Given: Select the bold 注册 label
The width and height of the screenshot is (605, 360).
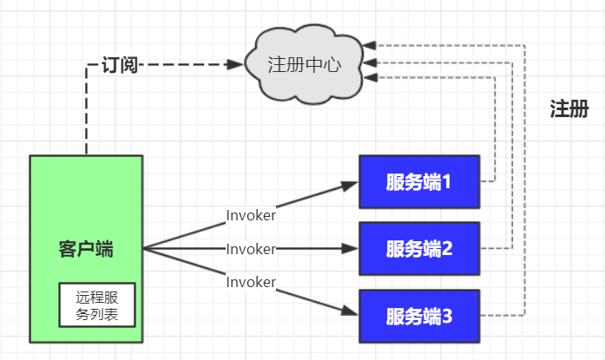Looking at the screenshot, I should coord(569,109).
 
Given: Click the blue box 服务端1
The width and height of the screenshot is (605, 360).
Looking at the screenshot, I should coord(419,182).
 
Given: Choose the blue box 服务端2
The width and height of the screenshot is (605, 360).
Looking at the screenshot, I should coord(419,249).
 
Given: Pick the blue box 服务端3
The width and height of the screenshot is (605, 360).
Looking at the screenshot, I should coord(419,316).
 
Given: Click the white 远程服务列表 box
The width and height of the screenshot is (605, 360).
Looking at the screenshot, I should coord(97,304).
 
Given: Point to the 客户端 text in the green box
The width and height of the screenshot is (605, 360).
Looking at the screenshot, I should coord(86,249).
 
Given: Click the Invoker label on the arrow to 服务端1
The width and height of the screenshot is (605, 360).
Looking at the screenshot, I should coord(251,214).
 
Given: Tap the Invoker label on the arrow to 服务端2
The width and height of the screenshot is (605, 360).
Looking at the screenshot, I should coord(251,249).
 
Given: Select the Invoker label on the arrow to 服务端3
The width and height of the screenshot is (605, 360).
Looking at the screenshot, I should coord(251,282).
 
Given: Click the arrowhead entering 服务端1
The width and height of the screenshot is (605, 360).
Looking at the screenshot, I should coord(352,183).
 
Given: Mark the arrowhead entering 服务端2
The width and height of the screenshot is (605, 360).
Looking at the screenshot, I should coord(352,249).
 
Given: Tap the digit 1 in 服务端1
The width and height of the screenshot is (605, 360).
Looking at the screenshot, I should coord(448,182).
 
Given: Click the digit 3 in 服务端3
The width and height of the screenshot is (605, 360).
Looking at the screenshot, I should coord(448,316).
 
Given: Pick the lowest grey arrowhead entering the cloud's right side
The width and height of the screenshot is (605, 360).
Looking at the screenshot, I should coord(371,77).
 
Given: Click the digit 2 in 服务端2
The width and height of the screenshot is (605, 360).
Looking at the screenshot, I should coord(448,249).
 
